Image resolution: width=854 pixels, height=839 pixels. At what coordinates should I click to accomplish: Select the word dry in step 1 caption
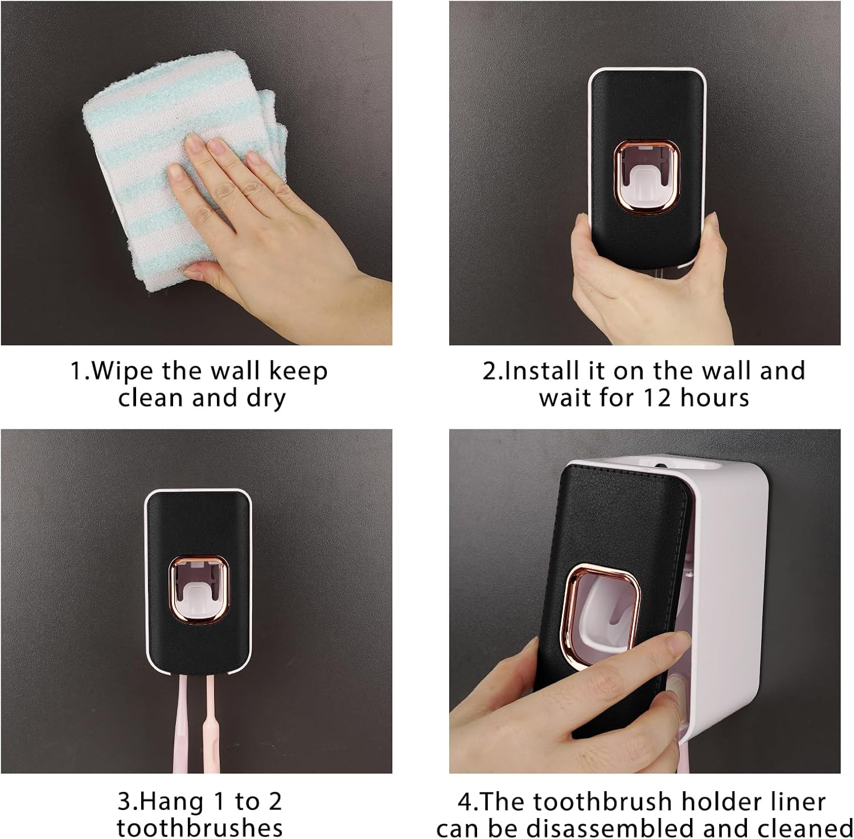tap(265, 398)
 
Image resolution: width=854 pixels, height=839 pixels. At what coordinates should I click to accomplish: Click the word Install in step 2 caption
tap(537, 371)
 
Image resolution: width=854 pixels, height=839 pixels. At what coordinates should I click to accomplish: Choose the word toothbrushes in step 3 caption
tap(199, 828)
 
